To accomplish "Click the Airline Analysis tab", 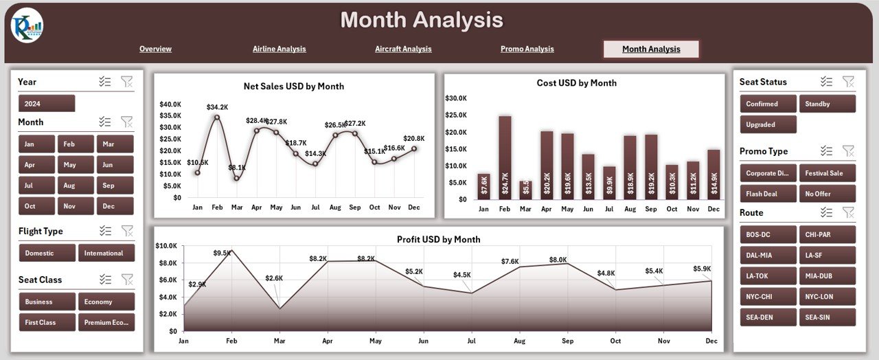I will click(x=279, y=49).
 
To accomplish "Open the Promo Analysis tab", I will click(x=527, y=49).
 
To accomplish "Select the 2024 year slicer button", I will click(x=47, y=104).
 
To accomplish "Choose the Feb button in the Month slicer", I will click(x=76, y=144).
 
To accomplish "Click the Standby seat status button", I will click(x=827, y=104).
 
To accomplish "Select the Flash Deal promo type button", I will click(x=768, y=194).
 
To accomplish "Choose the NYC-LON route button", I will click(x=827, y=296).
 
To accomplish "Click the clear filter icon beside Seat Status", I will click(x=848, y=82).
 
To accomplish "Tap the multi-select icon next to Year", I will click(x=105, y=82).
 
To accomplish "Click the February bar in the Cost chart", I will click(x=505, y=157).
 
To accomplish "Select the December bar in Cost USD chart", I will click(x=714, y=175).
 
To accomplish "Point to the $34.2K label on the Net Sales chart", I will click(x=218, y=107).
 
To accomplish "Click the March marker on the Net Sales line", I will click(x=237, y=178).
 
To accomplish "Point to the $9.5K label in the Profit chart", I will click(x=222, y=253).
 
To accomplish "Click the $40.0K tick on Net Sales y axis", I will click(x=170, y=104).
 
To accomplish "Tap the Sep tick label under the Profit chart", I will click(x=567, y=341).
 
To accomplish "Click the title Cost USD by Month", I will click(x=577, y=83).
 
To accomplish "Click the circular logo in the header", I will click(x=27, y=25).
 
